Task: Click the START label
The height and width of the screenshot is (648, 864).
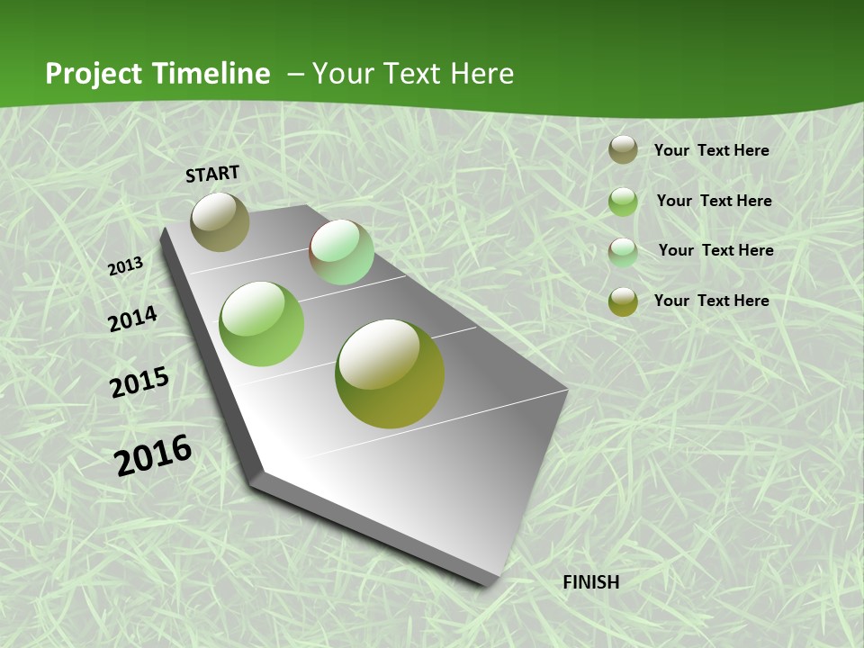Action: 212,174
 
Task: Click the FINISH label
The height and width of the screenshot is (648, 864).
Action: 591,582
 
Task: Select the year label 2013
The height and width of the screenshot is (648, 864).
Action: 125,266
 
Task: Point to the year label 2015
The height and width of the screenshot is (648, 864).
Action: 139,382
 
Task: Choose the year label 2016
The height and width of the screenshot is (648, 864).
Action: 153,455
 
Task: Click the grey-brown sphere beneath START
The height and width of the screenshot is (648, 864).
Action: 220,221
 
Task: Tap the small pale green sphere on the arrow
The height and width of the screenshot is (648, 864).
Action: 341,252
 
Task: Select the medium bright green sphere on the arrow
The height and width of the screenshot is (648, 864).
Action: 262,324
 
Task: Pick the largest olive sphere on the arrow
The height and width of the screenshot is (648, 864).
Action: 390,373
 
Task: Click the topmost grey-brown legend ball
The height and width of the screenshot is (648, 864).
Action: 623,150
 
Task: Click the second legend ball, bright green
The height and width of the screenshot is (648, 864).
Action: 623,202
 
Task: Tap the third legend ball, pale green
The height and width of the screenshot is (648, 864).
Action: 623,252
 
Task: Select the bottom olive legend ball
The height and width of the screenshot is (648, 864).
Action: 623,301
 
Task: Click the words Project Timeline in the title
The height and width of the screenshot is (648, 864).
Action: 157,74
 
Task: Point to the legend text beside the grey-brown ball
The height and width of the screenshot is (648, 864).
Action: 711,150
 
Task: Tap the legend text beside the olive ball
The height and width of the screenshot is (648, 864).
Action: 711,301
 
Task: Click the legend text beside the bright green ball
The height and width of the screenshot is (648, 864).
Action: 714,201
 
